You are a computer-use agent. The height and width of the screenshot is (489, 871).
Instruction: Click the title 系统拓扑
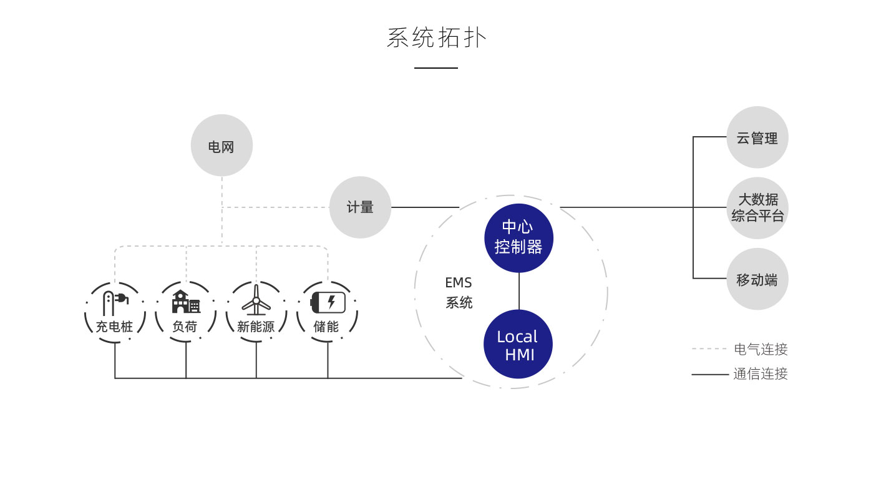[x=436, y=38]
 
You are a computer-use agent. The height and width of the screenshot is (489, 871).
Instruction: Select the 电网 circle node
[x=221, y=146]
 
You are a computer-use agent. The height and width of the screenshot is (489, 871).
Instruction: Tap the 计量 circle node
[x=360, y=207]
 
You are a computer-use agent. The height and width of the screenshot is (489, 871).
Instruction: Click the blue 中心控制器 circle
[x=518, y=238]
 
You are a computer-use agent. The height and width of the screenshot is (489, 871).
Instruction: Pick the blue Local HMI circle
[x=518, y=344]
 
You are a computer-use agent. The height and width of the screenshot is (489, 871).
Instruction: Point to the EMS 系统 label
[x=459, y=293]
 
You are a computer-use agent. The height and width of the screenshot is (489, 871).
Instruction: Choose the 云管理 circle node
[x=757, y=137]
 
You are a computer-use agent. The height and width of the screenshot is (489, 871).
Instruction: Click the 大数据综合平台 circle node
[x=757, y=208]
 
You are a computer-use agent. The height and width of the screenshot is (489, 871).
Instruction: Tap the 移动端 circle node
[x=757, y=279]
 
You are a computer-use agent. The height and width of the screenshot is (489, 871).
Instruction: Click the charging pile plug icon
[x=115, y=303]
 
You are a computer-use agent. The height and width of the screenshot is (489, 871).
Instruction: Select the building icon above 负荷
[x=185, y=302]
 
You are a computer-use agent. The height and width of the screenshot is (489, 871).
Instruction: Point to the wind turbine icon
[x=256, y=301]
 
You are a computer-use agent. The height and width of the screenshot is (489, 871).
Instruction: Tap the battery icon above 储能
[x=328, y=302]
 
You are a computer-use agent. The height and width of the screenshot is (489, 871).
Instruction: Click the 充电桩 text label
[x=114, y=327]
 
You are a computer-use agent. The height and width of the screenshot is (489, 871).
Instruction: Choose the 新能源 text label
[x=256, y=327]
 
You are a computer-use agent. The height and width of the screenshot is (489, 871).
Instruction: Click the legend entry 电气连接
[x=761, y=349]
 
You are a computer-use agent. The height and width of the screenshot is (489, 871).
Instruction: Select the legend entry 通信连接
[x=761, y=374]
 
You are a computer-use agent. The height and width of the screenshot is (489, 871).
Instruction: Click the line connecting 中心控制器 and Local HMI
[x=518, y=291]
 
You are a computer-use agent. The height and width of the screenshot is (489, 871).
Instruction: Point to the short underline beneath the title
[x=435, y=68]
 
